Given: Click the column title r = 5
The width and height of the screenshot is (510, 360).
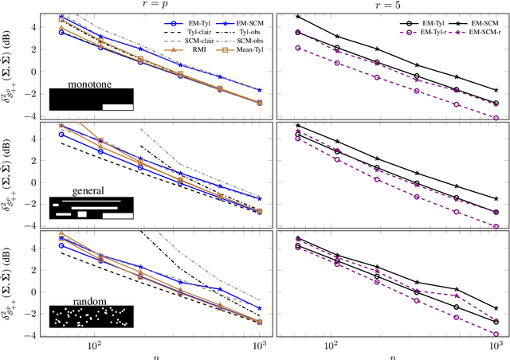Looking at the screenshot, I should (390, 6).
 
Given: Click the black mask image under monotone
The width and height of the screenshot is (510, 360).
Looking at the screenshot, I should (90, 99).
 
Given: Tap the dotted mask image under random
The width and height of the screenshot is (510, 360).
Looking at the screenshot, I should (90, 315).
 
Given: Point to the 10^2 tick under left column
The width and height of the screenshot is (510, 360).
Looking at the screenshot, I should (95, 345).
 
